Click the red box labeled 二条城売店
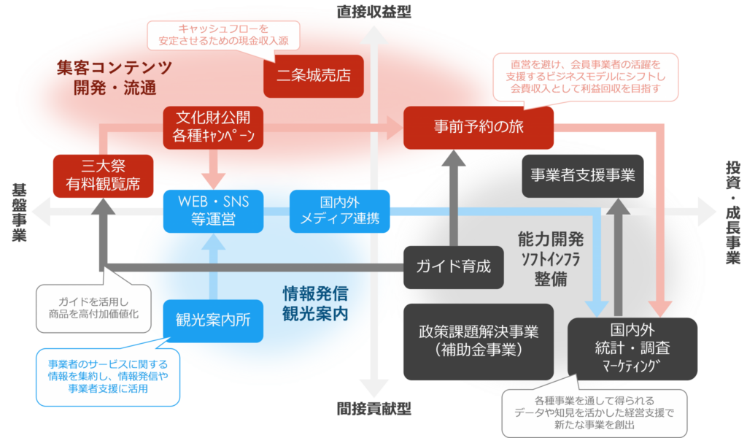[313, 75]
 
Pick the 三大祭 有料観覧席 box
[104, 175]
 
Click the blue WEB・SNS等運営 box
[211, 211]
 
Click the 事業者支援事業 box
[583, 175]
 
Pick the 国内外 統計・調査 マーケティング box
[632, 349]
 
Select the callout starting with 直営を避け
[586, 77]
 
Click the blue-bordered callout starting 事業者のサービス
[108, 377]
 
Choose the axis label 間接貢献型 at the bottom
[373, 408]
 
